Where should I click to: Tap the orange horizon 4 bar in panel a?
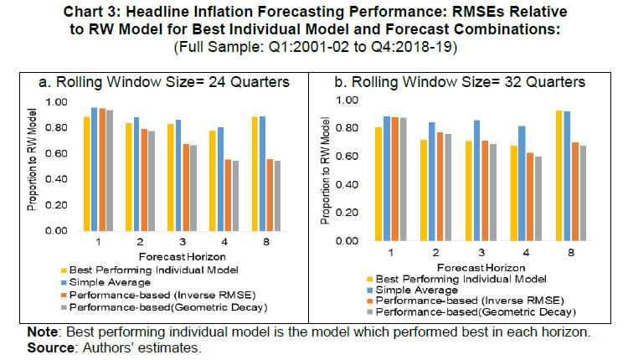tap(229, 194)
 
